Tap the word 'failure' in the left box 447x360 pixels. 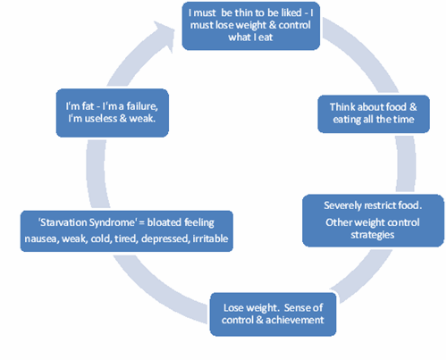point(142,106)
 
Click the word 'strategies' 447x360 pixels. point(373,235)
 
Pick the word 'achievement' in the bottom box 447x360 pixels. point(295,320)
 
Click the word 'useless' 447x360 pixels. point(101,119)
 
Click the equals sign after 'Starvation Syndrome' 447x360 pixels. point(141,223)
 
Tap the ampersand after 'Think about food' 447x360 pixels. point(413,107)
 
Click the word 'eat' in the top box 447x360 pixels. point(266,38)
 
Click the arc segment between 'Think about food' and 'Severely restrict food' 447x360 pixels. point(406,163)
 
